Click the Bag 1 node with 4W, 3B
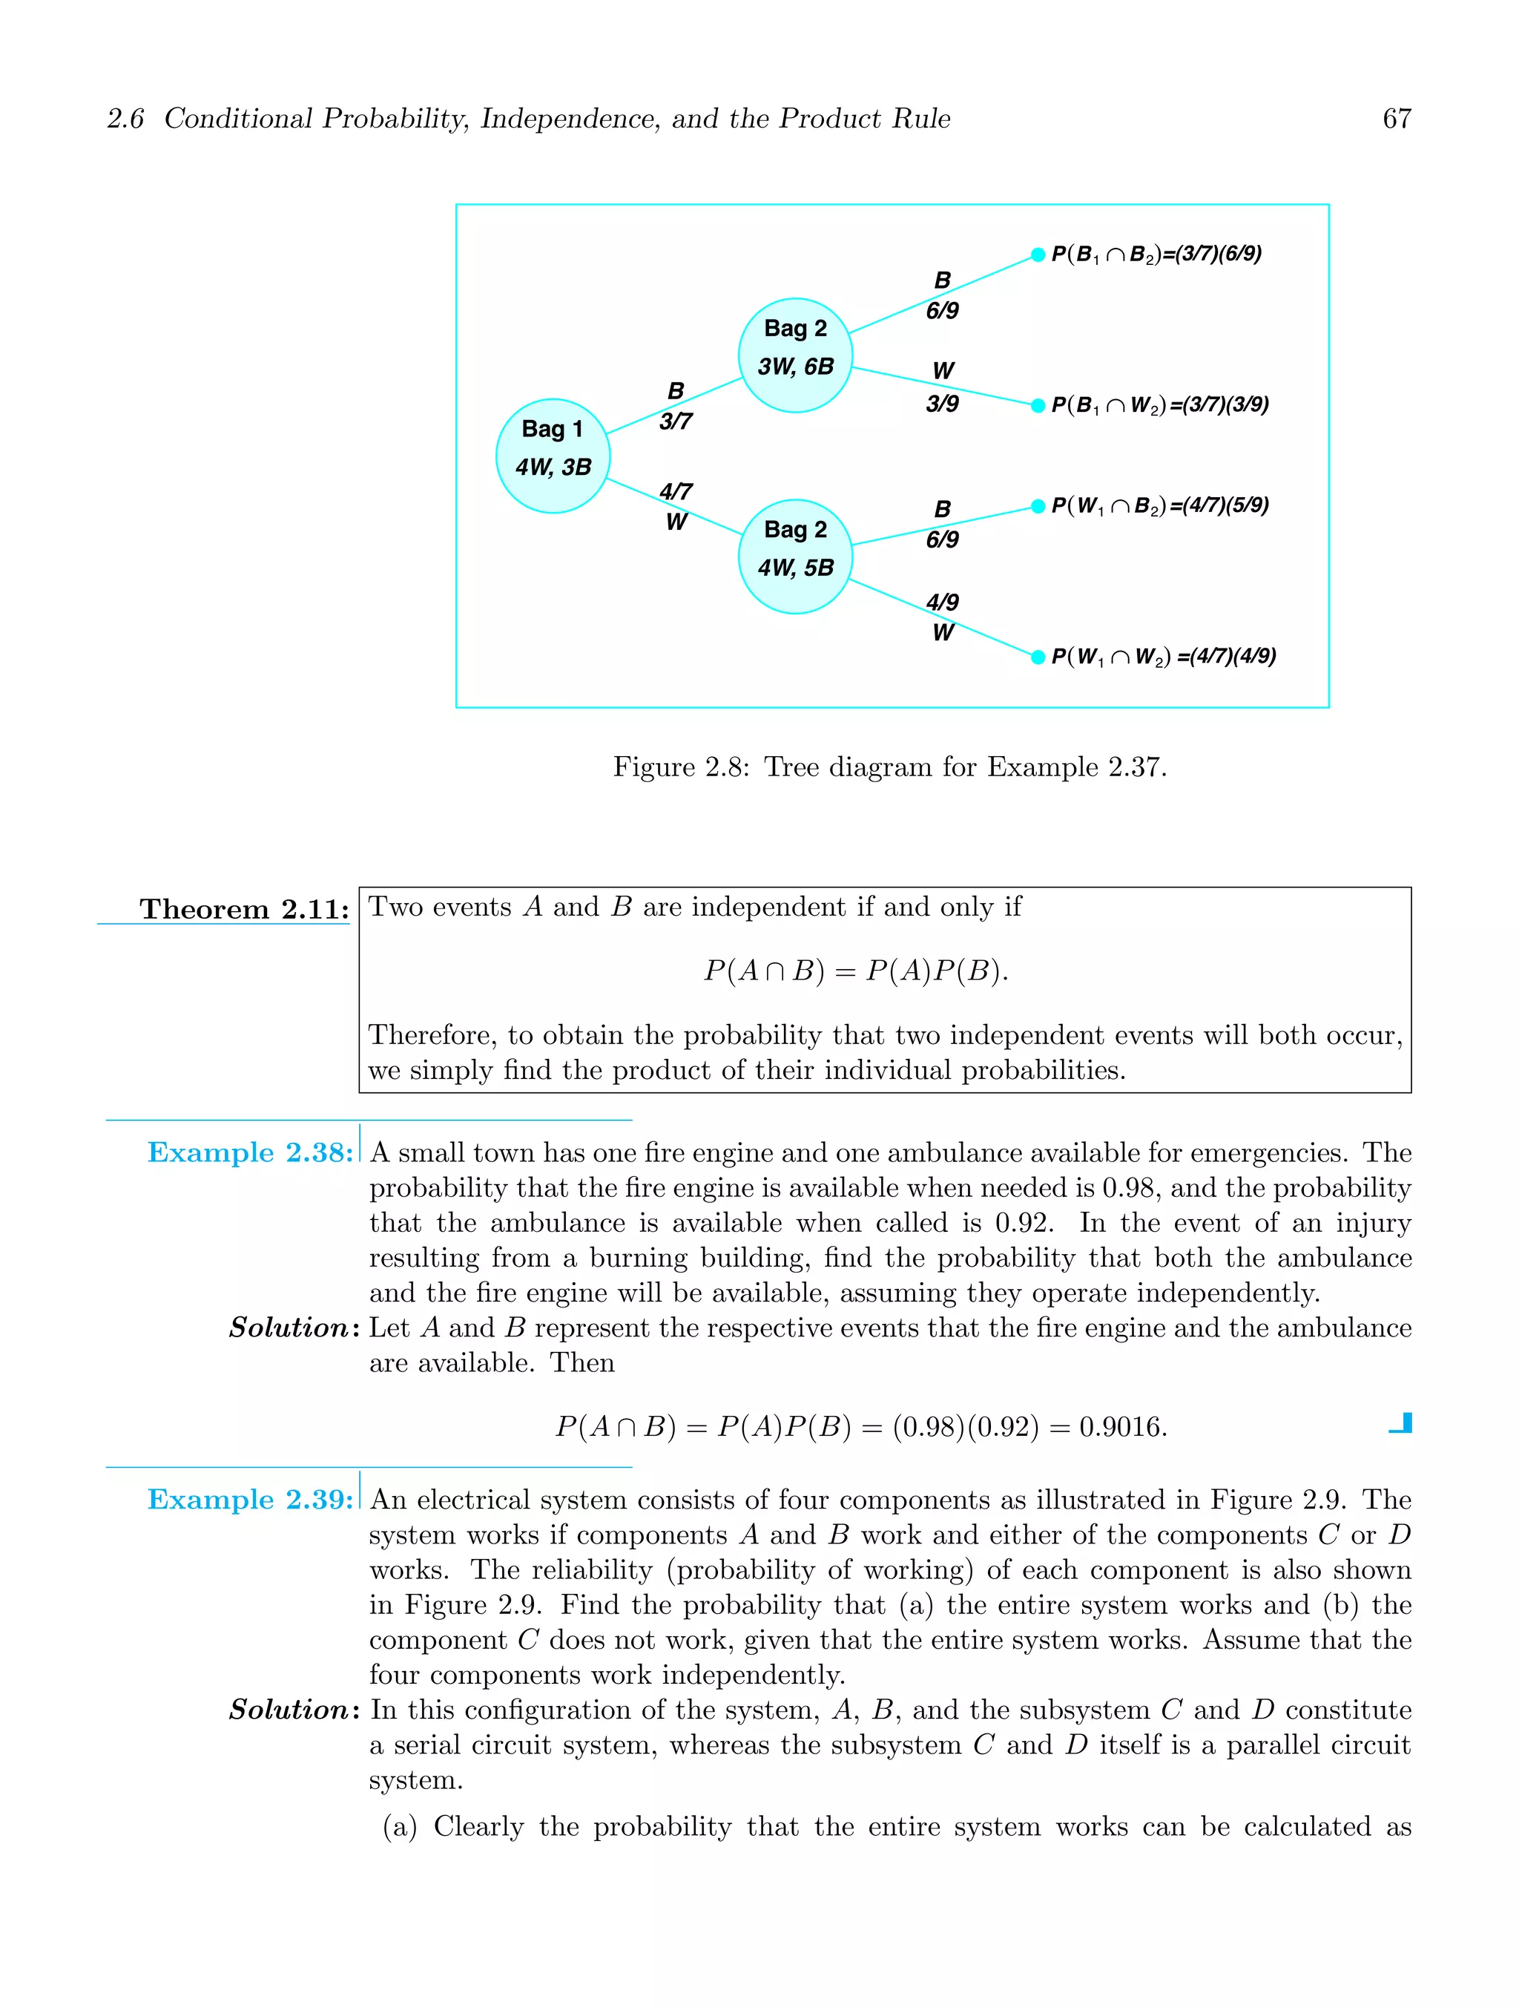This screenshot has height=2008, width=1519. [x=553, y=456]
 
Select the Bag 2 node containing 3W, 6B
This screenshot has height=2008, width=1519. [x=795, y=355]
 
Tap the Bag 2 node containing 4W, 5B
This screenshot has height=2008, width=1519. [x=795, y=557]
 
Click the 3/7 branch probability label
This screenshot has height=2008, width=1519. [x=675, y=421]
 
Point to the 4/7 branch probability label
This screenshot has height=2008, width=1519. [x=675, y=491]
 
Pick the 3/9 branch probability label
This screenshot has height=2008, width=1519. [x=942, y=404]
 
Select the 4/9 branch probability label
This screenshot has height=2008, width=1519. [x=942, y=602]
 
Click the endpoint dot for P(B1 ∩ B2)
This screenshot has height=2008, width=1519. [x=1038, y=255]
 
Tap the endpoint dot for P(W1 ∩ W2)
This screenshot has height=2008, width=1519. [x=1038, y=656]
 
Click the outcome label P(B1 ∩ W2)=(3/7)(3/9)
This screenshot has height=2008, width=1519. [x=1159, y=405]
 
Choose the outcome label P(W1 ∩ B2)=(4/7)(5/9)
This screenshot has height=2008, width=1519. [x=1159, y=505]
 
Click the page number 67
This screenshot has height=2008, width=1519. [x=1396, y=119]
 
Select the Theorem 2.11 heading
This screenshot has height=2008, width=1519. [x=243, y=909]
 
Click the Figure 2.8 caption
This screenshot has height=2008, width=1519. [x=889, y=767]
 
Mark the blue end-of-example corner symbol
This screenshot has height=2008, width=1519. [x=1401, y=1423]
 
